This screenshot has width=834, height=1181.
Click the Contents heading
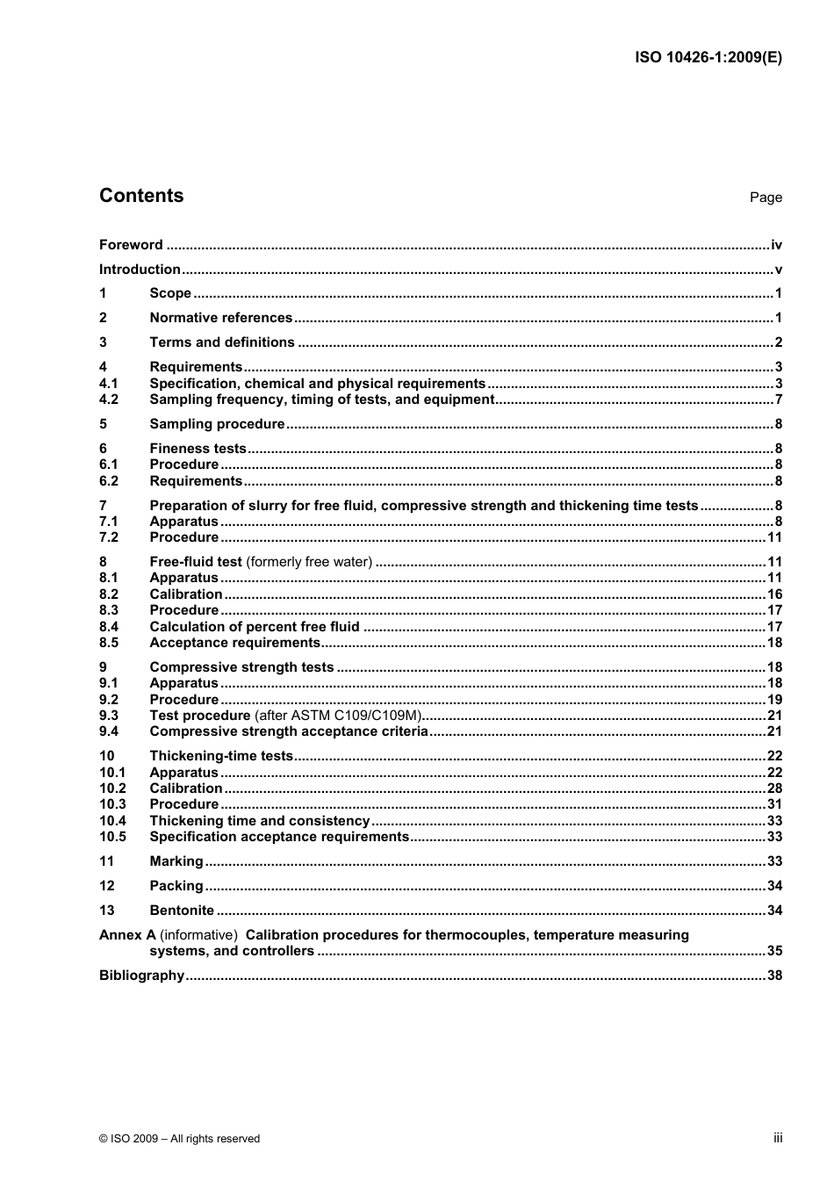[141, 196]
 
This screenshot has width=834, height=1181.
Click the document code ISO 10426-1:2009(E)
[708, 58]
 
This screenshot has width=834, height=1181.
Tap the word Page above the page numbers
[766, 198]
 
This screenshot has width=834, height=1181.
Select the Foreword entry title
[131, 245]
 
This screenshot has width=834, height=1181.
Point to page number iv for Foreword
[776, 245]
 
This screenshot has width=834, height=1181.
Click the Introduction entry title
[140, 270]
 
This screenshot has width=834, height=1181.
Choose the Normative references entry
[220, 318]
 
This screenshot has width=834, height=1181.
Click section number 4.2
[109, 400]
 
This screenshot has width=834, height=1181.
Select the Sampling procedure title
[217, 424]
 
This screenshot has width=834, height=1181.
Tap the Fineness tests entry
[198, 449]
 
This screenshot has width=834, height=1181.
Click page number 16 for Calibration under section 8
[774, 594]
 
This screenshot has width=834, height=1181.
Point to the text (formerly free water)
[309, 562]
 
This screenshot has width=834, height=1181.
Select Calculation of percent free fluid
[255, 627]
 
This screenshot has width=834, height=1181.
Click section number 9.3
[109, 716]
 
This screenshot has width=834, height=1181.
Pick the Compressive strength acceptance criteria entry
[289, 731]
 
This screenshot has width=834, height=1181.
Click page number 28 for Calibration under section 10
[774, 789]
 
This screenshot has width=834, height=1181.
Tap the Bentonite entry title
[182, 911]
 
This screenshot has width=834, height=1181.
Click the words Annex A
[127, 935]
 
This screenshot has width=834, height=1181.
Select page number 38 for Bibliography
[774, 976]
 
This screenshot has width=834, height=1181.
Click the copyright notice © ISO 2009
[179, 1139]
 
